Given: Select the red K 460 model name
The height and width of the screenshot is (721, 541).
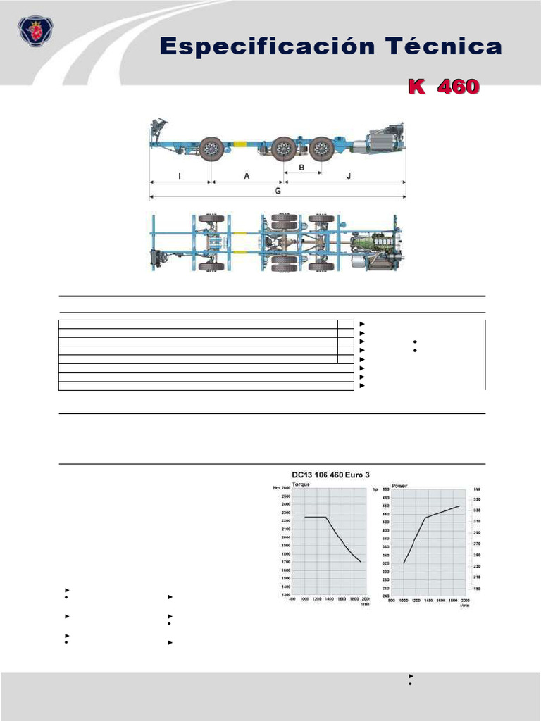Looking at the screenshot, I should [443, 87].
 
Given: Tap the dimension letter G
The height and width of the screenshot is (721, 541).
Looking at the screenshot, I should [278, 191].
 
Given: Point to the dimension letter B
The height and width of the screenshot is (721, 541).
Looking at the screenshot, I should [301, 168].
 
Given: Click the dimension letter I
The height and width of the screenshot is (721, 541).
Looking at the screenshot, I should [180, 176].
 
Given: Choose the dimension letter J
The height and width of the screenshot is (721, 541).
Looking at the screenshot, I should [348, 176].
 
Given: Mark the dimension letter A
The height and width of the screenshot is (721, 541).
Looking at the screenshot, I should [247, 176].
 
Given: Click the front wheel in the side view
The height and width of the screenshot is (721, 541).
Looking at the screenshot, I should [211, 149].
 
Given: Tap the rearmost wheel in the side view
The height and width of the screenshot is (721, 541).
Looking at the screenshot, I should [321, 149].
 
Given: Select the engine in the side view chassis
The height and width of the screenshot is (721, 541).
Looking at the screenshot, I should [385, 139].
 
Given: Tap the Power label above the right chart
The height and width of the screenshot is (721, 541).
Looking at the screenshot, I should [399, 485].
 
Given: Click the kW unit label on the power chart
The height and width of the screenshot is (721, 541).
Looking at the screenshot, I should [476, 488].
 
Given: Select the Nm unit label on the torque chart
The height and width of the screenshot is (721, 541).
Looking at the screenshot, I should [276, 488].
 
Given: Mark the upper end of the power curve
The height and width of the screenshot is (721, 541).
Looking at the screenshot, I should [459, 506].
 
